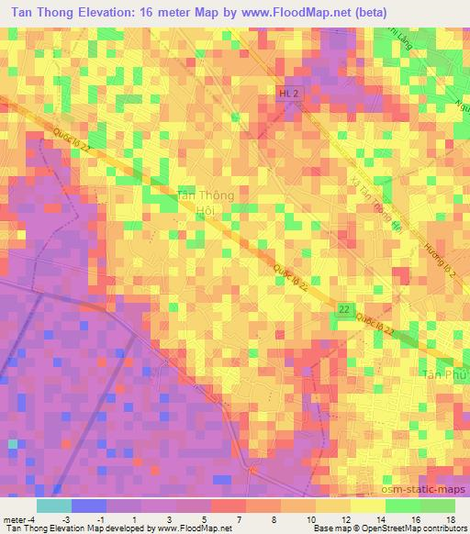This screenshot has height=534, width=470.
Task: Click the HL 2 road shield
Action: tap(288, 95)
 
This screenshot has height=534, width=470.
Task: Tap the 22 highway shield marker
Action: tap(343, 310)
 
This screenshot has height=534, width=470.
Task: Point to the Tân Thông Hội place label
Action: tap(204, 203)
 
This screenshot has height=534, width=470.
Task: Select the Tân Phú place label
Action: tap(444, 374)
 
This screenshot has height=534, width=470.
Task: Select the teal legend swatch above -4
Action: tap(53, 506)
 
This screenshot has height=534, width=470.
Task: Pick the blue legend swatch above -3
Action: tap(88, 506)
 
